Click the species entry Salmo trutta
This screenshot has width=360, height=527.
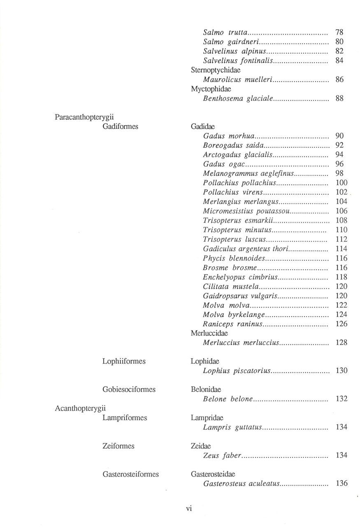click(225, 32)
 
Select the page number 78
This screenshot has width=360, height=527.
click(339, 32)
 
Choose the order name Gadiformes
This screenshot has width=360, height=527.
click(120, 126)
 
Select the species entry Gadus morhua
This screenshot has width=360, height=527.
click(228, 136)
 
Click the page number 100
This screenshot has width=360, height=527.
click(341, 182)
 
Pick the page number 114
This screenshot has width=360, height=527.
click(341, 249)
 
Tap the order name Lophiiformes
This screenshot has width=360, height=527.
click(124, 361)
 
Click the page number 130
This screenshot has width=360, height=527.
click(341, 371)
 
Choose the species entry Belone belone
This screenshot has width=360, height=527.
click(228, 399)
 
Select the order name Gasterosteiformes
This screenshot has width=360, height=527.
click(130, 474)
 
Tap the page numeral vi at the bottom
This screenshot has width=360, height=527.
click(189, 508)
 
